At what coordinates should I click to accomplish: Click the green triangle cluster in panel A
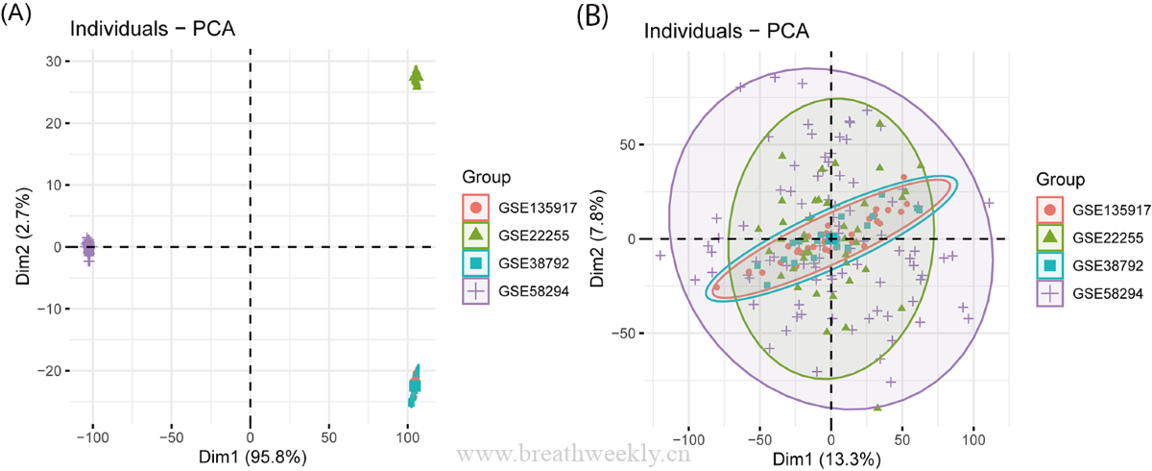coord(416,78)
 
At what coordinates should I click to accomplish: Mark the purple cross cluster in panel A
coord(89,246)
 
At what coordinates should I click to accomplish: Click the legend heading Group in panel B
coord(1061,180)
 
